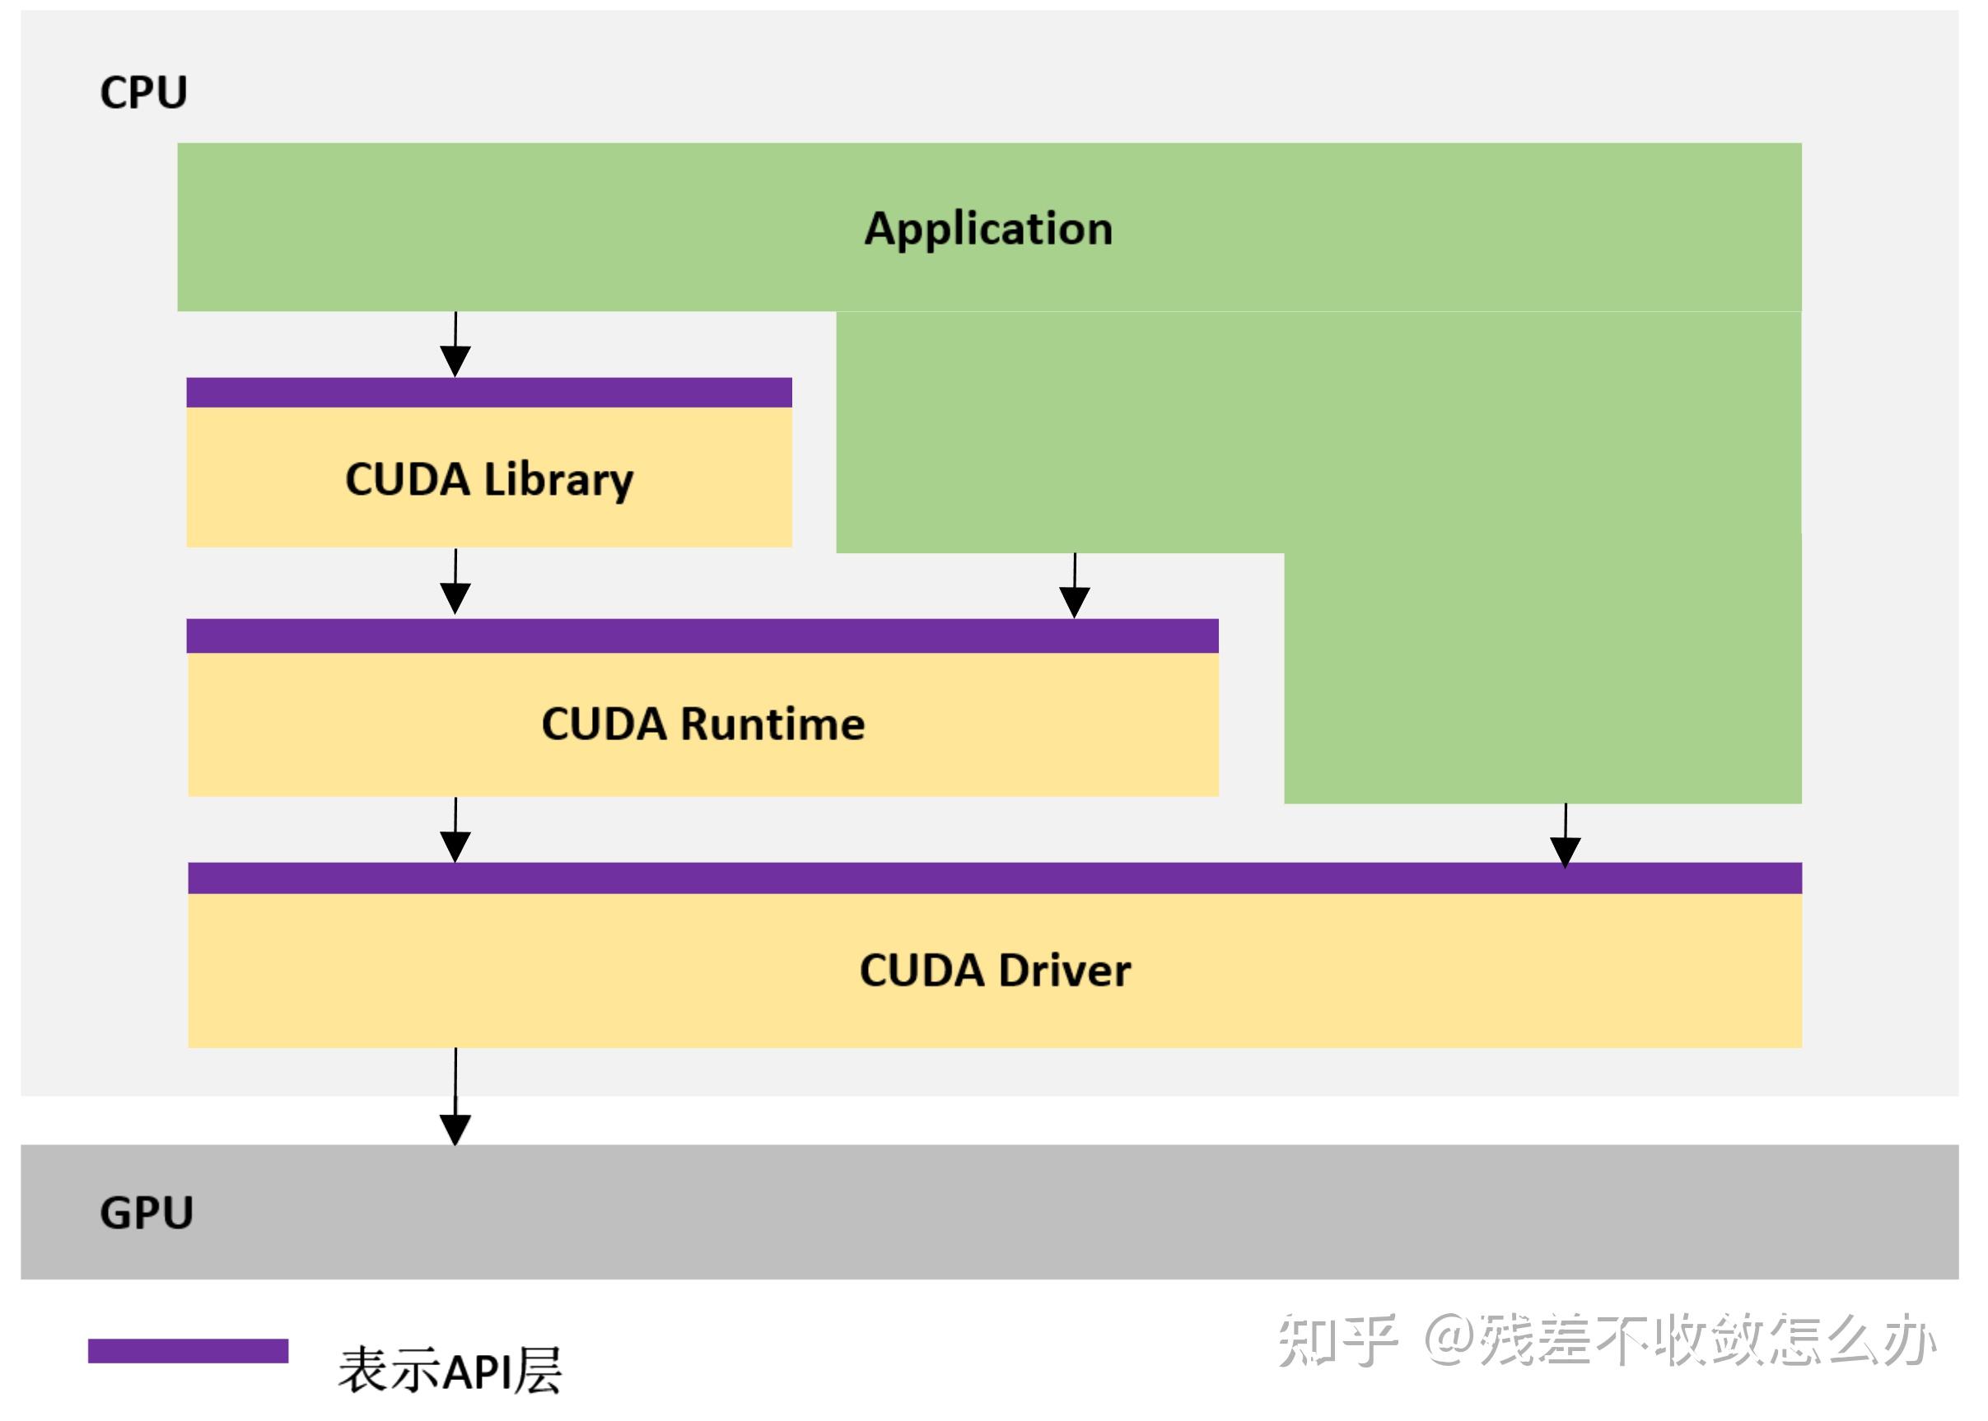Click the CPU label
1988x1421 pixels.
pyautogui.click(x=143, y=92)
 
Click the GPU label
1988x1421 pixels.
pyautogui.click(x=146, y=1213)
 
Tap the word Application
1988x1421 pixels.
pyautogui.click(x=988, y=228)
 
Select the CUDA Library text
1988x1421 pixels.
pyautogui.click(x=489, y=479)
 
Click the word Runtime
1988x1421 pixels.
pyautogui.click(x=772, y=724)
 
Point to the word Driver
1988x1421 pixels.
pyautogui.click(x=1064, y=971)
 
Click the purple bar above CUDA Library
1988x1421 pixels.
pyautogui.click(x=489, y=393)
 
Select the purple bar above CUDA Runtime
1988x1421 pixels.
pyautogui.click(x=702, y=636)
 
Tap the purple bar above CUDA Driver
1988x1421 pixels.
pyautogui.click(x=994, y=878)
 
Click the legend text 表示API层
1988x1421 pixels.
pyautogui.click(x=450, y=1369)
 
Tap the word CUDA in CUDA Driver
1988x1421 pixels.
pyautogui.click(x=922, y=971)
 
